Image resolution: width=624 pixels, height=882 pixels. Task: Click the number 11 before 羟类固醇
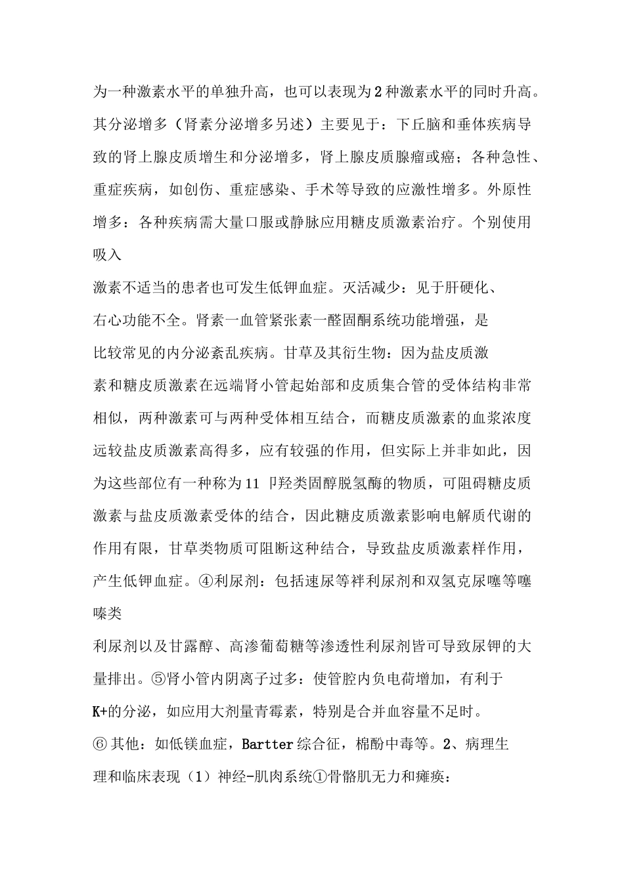253,484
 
